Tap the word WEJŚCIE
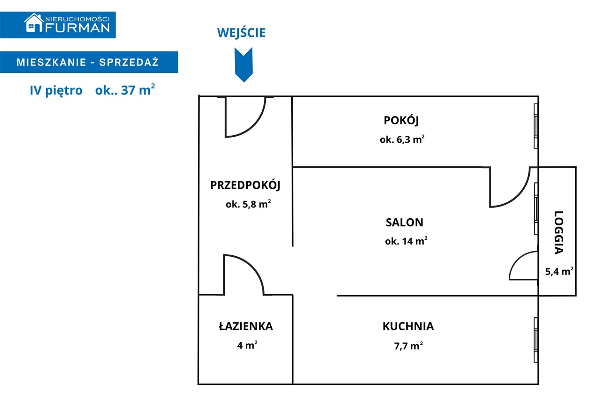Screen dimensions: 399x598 (241, 33)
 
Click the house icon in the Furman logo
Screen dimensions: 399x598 (34, 23)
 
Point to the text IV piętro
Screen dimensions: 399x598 (56, 91)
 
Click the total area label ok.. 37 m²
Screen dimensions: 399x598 (125, 90)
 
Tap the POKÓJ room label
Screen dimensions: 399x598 (401, 120)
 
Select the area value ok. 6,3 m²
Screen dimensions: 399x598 (402, 140)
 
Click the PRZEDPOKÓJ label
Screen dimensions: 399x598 (245, 185)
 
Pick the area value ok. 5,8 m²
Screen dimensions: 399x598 (248, 204)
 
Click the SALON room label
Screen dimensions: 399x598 (404, 222)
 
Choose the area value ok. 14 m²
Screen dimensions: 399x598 (406, 241)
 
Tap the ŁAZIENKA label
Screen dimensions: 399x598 (246, 326)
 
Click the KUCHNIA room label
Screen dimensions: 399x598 (408, 326)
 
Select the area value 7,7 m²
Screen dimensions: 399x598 (408, 346)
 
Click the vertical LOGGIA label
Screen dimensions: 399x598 (559, 232)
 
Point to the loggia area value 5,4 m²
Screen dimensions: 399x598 (559, 272)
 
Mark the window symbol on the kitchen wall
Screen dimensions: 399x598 (536, 340)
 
